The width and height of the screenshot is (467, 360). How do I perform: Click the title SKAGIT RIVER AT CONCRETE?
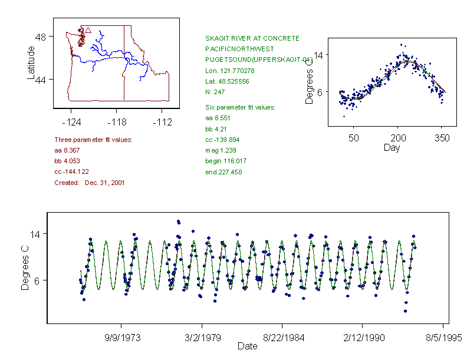point(252,38)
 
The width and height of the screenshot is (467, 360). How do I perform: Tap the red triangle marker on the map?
point(88,29)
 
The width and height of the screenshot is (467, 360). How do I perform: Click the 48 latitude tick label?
point(41,37)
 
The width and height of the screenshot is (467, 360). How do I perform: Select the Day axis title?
point(391,148)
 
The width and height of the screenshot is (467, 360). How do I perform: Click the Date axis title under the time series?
point(247,346)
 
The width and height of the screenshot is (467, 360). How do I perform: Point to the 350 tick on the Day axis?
point(442,138)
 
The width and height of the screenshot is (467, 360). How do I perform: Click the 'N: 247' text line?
point(215,92)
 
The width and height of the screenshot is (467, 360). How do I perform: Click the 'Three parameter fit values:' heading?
point(93,140)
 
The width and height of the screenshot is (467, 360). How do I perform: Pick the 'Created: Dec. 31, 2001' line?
point(89,183)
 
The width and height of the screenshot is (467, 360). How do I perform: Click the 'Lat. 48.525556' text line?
point(227,81)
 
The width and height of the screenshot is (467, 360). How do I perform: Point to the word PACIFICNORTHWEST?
point(239,49)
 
